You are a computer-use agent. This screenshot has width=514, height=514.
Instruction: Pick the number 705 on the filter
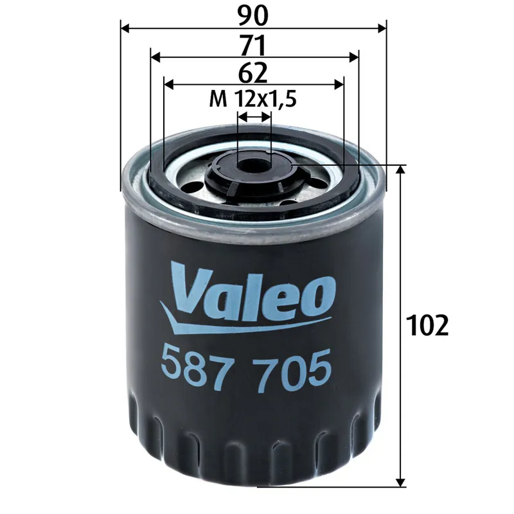293,366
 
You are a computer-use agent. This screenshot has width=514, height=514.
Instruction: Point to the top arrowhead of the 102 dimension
401,169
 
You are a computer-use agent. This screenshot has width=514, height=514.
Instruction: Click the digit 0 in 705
293,366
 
